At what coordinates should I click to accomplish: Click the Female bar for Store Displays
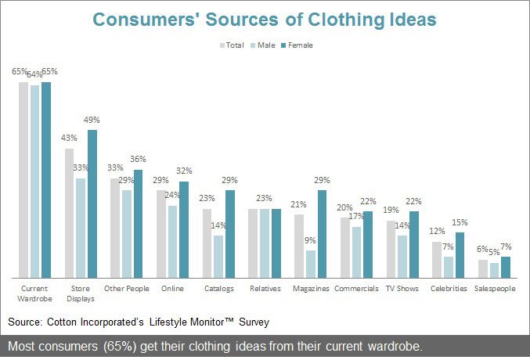[x=92, y=203]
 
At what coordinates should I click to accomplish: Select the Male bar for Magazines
[x=311, y=264]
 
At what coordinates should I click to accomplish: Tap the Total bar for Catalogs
[x=207, y=243]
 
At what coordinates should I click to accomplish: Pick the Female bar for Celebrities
[x=460, y=254]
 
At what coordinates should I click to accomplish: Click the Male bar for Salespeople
[x=494, y=270]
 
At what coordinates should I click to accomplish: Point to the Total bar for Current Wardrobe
[x=23, y=179]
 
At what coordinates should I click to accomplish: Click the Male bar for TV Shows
[x=402, y=256]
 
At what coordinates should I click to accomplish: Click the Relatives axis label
[x=265, y=288]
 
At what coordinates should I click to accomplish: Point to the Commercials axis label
[x=356, y=288]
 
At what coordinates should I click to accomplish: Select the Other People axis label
[x=127, y=288]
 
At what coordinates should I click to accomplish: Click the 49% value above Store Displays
[x=92, y=120]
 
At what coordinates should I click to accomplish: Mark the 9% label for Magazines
[x=311, y=241]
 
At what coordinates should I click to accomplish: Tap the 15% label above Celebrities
[x=460, y=222]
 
